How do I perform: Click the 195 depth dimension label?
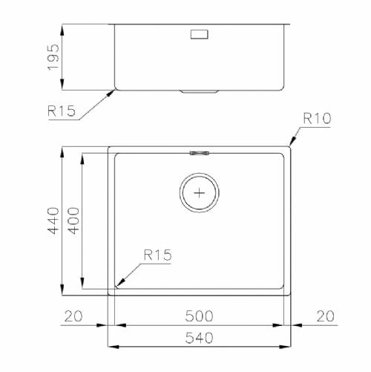coord(53,57)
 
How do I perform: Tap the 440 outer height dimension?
coord(53,221)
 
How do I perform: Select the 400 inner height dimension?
coord(73,221)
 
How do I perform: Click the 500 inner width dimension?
coord(199,316)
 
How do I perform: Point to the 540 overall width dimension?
coord(199,338)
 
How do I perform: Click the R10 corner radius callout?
coord(317,118)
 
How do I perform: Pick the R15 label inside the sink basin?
coord(157,255)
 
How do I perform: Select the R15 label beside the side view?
coord(62,111)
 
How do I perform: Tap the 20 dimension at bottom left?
coord(73,316)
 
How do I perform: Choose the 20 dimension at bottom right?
coord(326,316)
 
